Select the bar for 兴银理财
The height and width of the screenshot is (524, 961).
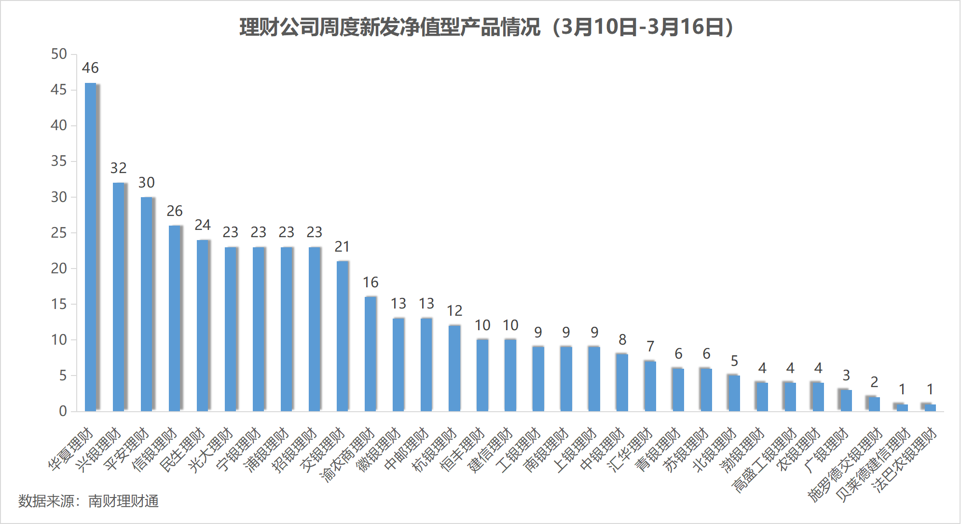point(119,297)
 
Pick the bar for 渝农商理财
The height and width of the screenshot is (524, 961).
point(371,354)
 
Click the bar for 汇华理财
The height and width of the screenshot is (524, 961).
point(650,386)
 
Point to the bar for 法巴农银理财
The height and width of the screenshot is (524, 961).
point(930,408)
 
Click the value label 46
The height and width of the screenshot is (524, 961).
point(90,68)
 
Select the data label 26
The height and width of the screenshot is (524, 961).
point(175,211)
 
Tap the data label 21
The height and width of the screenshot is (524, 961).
point(342,247)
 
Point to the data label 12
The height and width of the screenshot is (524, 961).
point(454,311)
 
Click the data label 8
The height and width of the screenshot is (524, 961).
point(622,340)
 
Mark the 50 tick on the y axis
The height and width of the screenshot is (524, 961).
point(59,54)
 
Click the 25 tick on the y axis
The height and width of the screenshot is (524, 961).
point(59,233)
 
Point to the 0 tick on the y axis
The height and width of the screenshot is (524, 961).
point(63,411)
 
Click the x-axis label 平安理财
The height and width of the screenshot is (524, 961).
point(126,449)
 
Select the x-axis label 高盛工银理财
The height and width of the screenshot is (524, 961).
point(764,460)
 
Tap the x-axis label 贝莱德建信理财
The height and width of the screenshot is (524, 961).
point(873,465)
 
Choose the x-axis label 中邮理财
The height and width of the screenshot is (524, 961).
point(406,449)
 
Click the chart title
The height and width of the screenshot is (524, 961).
point(486,27)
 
